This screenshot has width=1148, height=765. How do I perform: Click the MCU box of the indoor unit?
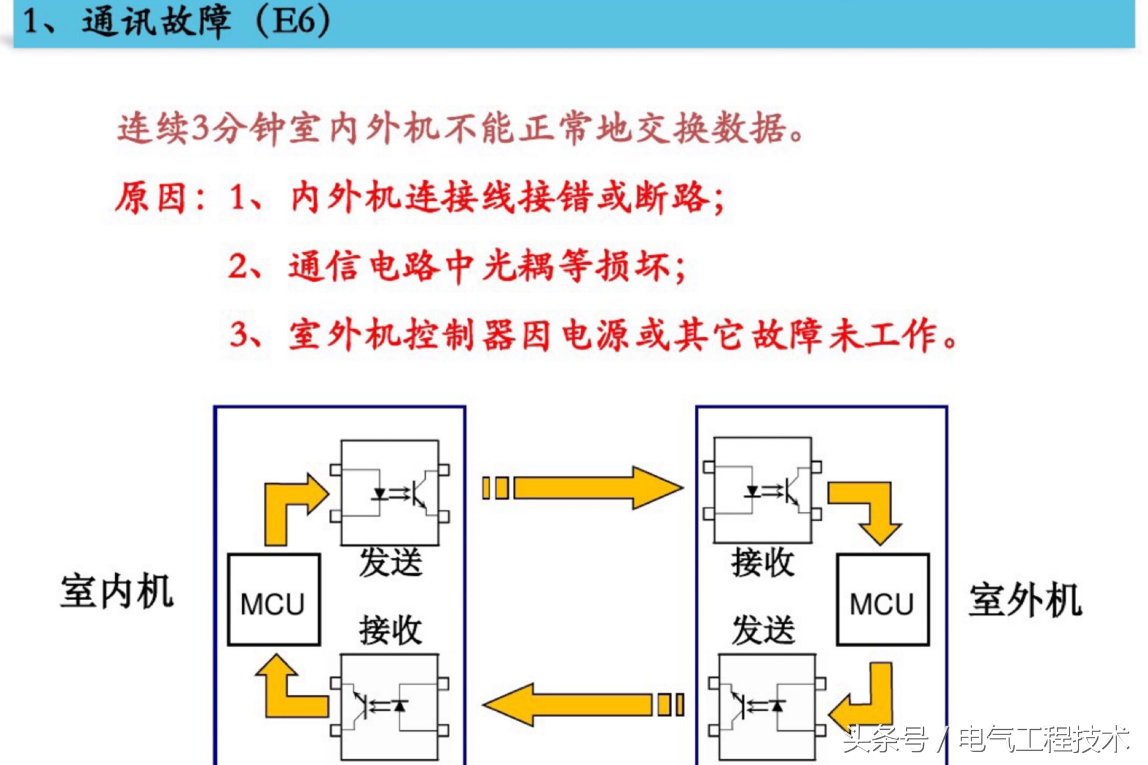pos(273,600)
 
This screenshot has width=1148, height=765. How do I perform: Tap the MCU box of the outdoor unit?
pos(883,600)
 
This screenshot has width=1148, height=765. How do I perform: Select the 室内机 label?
pos(117,592)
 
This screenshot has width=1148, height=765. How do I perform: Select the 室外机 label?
pos(1025,599)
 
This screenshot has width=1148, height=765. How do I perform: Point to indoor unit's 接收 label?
pos(390,631)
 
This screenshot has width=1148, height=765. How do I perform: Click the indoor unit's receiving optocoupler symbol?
pos(390,706)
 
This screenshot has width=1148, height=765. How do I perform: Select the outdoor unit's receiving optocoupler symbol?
pos(763,491)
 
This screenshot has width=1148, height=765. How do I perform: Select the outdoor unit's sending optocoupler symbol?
pos(767,706)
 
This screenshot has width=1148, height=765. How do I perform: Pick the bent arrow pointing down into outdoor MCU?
pos(873,508)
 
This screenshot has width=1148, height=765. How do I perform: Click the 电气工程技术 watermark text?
pos(1043,740)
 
